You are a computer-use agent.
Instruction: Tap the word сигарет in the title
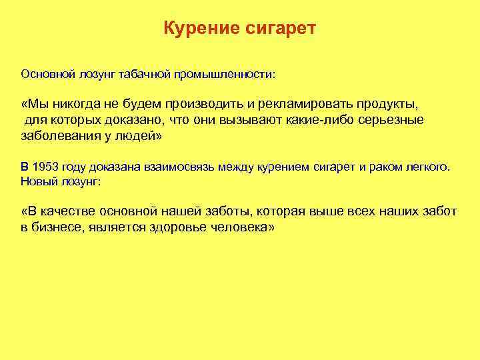coord(281,29)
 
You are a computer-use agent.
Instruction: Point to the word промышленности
coord(224,73)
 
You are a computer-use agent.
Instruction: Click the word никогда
coord(79,105)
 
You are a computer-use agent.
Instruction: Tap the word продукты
coord(387,105)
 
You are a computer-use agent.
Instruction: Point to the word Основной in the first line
coord(44,73)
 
